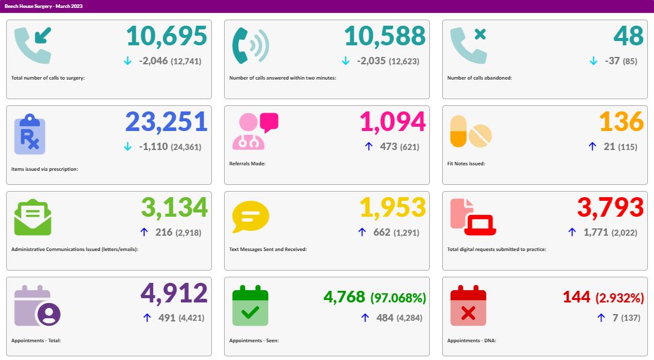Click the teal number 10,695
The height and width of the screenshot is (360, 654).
click(167, 36)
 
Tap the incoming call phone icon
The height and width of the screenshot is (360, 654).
click(34, 45)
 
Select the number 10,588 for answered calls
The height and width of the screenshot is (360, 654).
click(385, 36)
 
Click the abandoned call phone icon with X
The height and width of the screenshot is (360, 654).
click(468, 45)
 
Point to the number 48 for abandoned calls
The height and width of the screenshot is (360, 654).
click(628, 36)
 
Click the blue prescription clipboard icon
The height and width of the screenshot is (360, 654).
click(29, 135)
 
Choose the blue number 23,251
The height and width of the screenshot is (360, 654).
click(167, 122)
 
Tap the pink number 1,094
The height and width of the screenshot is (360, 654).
click(392, 122)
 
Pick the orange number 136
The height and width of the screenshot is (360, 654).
click(621, 122)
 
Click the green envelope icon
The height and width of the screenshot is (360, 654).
click(32, 217)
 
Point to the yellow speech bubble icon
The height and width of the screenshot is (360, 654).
click(250, 217)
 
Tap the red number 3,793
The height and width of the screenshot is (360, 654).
click(611, 208)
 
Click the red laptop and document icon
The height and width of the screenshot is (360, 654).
click(472, 217)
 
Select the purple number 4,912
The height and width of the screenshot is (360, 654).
click(174, 293)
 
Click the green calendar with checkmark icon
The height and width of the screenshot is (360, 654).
click(250, 306)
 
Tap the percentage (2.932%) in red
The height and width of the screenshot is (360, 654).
click(620, 298)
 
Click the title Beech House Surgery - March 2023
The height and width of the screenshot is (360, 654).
click(43, 6)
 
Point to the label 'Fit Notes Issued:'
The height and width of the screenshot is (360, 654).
click(468, 163)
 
